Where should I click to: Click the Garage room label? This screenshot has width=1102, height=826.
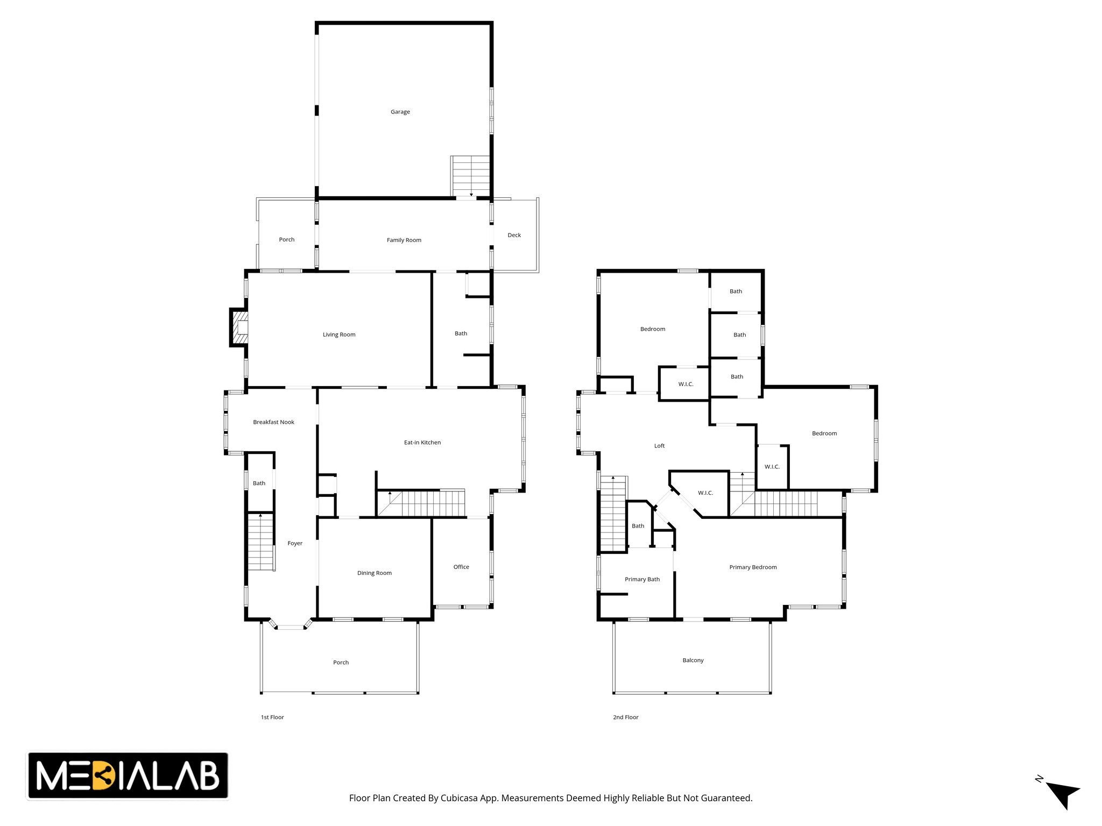click(x=400, y=112)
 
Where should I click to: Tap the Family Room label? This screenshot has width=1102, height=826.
click(x=404, y=240)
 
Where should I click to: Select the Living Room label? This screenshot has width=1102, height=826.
click(x=339, y=334)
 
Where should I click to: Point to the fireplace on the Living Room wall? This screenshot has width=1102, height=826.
click(x=239, y=327)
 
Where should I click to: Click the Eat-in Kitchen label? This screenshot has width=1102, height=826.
click(x=422, y=443)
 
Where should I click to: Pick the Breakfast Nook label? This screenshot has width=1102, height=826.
click(x=273, y=422)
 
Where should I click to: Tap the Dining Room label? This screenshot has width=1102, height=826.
click(x=375, y=573)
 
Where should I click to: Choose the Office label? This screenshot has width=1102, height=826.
click(x=461, y=567)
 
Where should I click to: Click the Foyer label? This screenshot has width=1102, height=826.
click(x=295, y=543)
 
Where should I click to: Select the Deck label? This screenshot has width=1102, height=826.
click(x=514, y=235)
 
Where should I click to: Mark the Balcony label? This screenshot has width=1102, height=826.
click(x=693, y=660)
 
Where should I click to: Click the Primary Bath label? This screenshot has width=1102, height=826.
click(x=642, y=579)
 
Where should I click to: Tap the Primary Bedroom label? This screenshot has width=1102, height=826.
click(x=753, y=567)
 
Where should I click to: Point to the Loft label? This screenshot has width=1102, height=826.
click(x=659, y=446)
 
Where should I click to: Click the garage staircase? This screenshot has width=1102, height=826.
click(x=470, y=176)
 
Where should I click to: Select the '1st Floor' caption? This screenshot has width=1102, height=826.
click(x=272, y=717)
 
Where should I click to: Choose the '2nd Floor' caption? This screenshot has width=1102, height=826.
click(x=626, y=717)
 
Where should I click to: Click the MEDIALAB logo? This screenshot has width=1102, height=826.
click(x=128, y=775)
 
